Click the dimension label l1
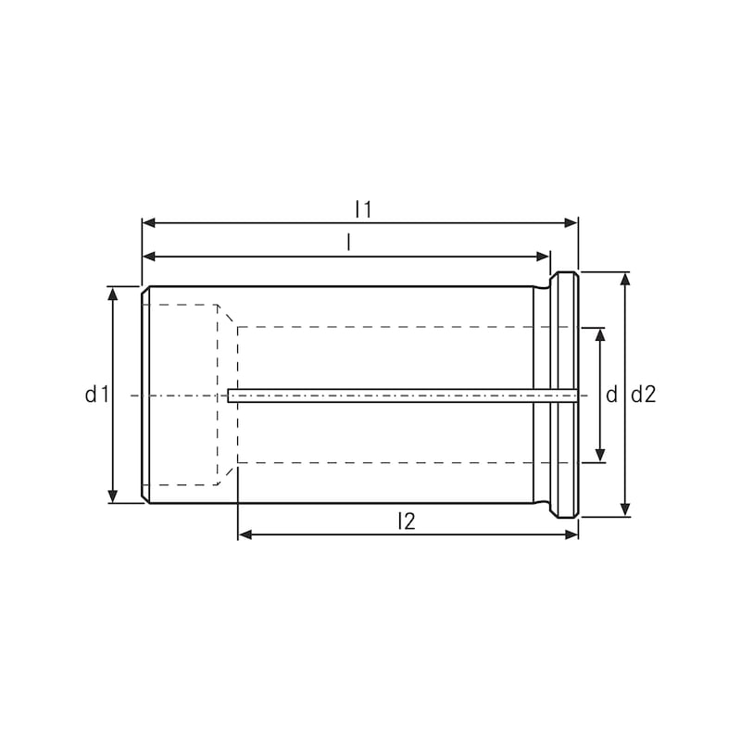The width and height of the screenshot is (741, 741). [362, 209]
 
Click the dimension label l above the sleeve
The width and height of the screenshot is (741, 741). [348, 243]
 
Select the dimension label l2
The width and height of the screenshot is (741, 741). [405, 521]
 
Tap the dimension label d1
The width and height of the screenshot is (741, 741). [97, 396]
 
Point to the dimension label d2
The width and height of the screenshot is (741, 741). [644, 396]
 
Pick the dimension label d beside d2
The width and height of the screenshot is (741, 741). [611, 396]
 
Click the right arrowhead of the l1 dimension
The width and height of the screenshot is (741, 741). [571, 222]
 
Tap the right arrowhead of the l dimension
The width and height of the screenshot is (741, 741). [544, 256]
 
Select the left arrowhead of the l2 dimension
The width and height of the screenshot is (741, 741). [245, 534]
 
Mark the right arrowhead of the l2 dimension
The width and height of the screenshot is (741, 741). [571, 534]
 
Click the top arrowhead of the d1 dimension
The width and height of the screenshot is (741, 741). [113, 293]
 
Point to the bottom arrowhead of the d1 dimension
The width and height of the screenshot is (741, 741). [113, 496]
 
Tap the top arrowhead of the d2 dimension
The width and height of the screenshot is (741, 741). [626, 279]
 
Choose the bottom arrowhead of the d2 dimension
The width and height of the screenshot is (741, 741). [626, 509]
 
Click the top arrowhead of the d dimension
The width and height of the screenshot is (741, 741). [600, 333]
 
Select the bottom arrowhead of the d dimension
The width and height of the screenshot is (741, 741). [600, 456]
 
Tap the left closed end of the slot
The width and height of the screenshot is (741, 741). [230, 396]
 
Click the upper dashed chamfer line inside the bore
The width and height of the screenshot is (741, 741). [227, 316]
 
